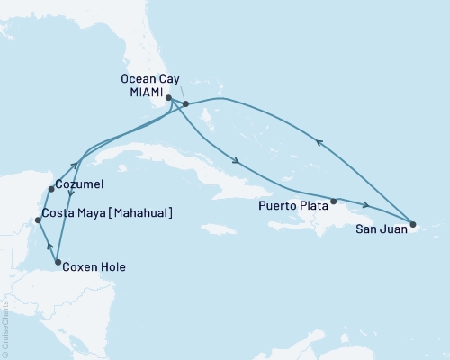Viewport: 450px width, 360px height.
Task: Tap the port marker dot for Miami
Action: click(169, 98)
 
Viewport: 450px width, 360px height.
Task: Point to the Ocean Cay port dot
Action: click(185, 104)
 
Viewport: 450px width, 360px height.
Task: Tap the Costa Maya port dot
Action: click(37, 220)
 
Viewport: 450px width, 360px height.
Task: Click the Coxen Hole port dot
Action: click(58, 264)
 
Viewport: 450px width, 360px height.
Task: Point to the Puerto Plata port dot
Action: click(334, 201)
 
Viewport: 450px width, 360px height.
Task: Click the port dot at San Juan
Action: click(412, 224)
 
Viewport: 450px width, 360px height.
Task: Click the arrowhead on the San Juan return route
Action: click(316, 139)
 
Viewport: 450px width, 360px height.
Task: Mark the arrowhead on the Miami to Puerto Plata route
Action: click(236, 163)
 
